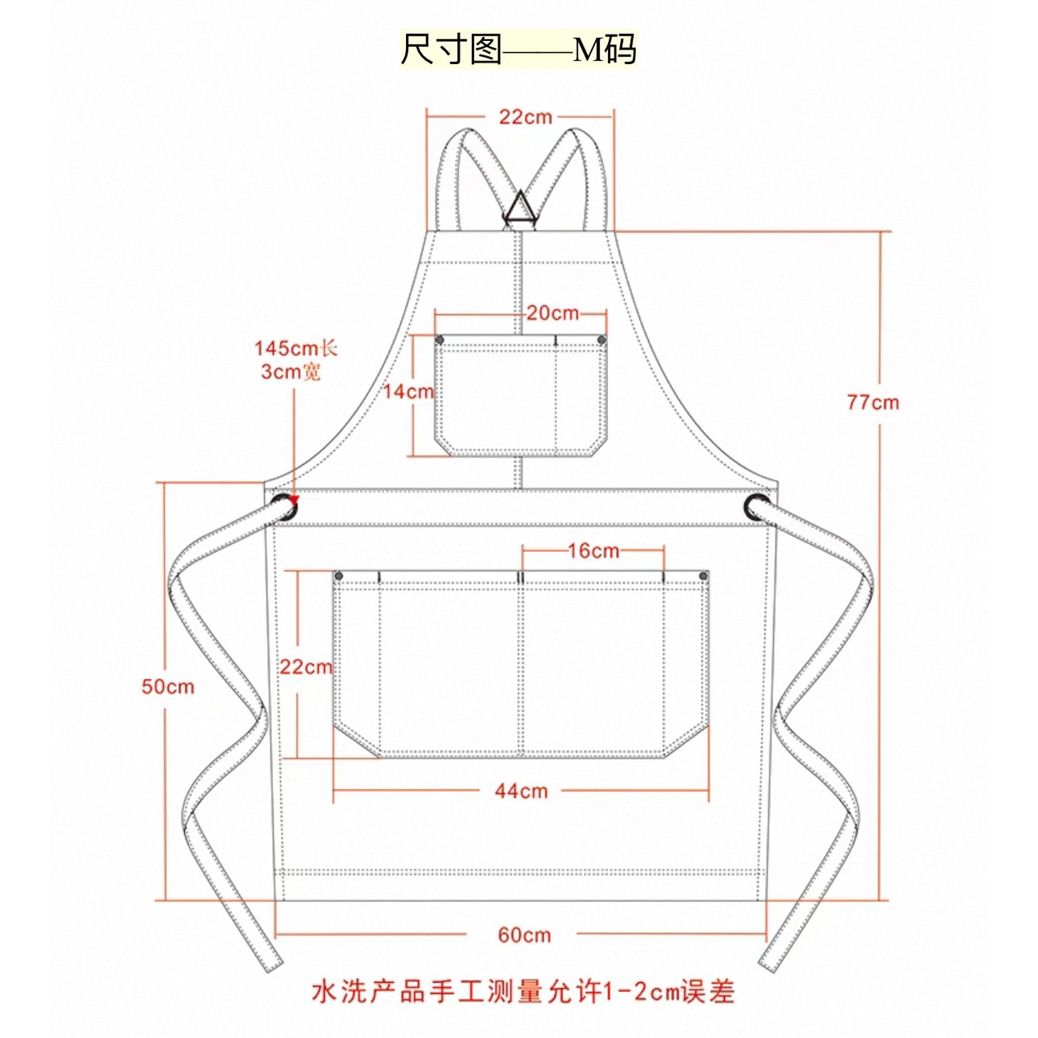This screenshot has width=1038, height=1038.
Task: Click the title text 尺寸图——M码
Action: pos(518,50)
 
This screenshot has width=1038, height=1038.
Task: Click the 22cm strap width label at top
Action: pos(525,117)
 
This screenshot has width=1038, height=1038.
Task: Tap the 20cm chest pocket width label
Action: pos(552,313)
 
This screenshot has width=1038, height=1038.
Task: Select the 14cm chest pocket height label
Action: pos(408,392)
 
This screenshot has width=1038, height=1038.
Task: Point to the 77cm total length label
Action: pos(872,402)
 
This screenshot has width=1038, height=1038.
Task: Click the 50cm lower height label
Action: pos(168,687)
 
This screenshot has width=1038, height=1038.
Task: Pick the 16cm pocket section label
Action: pos(593,551)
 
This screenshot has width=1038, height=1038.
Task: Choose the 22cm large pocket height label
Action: pos(306,667)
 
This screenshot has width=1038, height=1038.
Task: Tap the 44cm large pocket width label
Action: pos(521,791)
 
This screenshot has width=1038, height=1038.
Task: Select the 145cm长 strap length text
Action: pos(296,348)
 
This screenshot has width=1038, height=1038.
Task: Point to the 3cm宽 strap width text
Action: pos(290,372)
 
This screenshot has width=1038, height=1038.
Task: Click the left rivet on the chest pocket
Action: pos(439,340)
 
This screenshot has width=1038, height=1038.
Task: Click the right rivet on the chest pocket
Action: pos(602,340)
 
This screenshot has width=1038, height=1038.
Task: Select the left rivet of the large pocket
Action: pos(339,576)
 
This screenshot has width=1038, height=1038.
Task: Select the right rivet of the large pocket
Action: pos(703,576)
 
